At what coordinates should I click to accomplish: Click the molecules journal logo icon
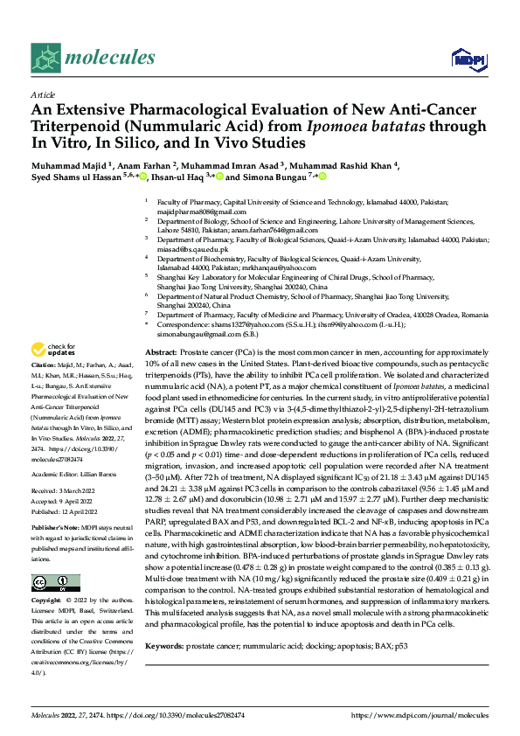coord(45,59)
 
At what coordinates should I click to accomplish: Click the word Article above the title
coord(42,94)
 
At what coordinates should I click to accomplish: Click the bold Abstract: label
coord(163,325)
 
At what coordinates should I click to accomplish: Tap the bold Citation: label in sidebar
coord(43,412)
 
